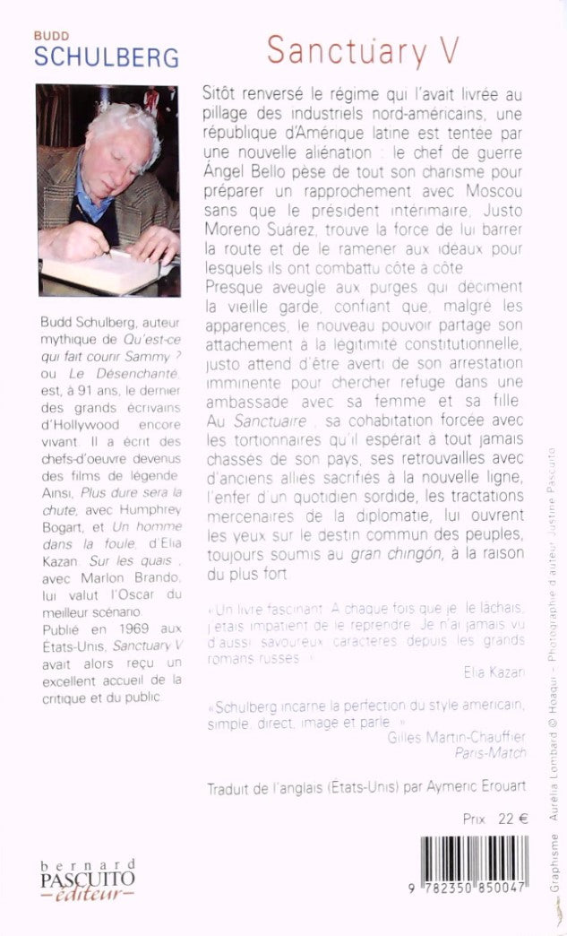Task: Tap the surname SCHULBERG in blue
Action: (107, 57)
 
